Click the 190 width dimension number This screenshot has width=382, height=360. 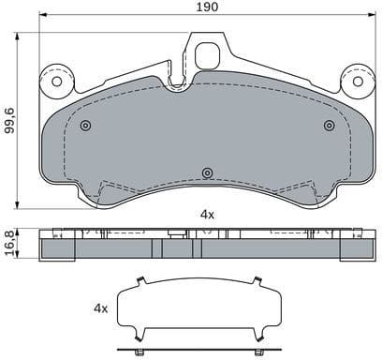click(x=207, y=7)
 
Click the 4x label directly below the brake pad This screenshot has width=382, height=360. click(x=207, y=215)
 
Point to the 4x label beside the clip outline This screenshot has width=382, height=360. click(x=101, y=307)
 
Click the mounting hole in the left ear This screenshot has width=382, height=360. click(x=57, y=81)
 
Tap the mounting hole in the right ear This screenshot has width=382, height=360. click(x=356, y=81)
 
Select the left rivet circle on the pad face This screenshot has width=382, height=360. click(x=85, y=126)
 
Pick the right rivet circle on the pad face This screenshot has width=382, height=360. click(x=329, y=126)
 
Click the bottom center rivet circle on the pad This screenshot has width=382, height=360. click(x=207, y=172)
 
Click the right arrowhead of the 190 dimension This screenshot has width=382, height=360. click(x=373, y=16)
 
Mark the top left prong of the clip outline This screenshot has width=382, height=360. click(x=140, y=279)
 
